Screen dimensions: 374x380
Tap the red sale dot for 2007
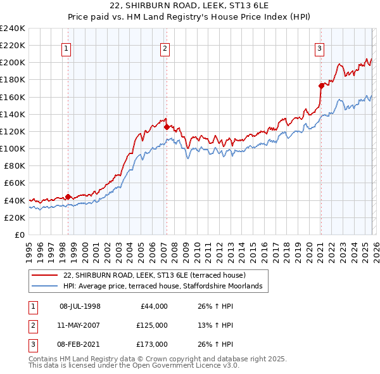point(167,127)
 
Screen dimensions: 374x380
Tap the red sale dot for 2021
point(321,86)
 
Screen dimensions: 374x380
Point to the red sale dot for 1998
point(68,197)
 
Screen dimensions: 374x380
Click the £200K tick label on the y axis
point(13,63)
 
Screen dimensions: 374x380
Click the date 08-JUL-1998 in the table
point(80,306)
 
